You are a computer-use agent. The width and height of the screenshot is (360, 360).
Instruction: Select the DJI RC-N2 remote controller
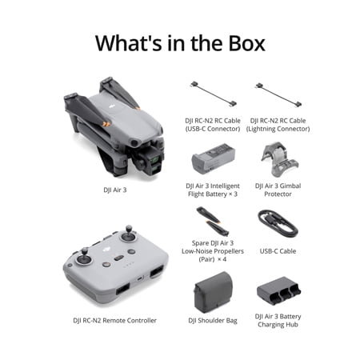[115, 266]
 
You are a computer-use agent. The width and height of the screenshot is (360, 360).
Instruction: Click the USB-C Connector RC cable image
[213, 94]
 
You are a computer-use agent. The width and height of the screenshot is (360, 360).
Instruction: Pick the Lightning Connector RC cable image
[278, 94]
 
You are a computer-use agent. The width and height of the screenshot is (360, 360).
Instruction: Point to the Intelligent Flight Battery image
[213, 159]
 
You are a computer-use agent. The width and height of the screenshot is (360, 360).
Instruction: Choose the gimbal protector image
[279, 159]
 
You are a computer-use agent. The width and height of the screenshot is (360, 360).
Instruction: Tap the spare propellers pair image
[213, 222]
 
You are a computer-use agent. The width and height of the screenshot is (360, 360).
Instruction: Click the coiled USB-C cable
[278, 223]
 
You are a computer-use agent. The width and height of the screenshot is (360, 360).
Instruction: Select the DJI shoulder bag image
[213, 292]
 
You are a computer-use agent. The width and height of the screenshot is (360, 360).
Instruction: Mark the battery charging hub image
[278, 291]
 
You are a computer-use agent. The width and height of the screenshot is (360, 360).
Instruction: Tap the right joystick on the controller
[129, 234]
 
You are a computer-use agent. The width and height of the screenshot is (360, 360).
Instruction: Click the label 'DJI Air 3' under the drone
[115, 190]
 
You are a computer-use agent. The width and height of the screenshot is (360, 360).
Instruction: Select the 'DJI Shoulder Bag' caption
[213, 321]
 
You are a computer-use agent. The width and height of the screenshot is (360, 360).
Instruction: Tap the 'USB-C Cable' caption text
[278, 251]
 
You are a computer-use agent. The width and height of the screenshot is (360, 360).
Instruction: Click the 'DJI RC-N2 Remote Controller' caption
[114, 320]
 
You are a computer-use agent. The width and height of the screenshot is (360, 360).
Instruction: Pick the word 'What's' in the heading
[129, 43]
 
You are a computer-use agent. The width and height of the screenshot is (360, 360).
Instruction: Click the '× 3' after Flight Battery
[233, 194]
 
